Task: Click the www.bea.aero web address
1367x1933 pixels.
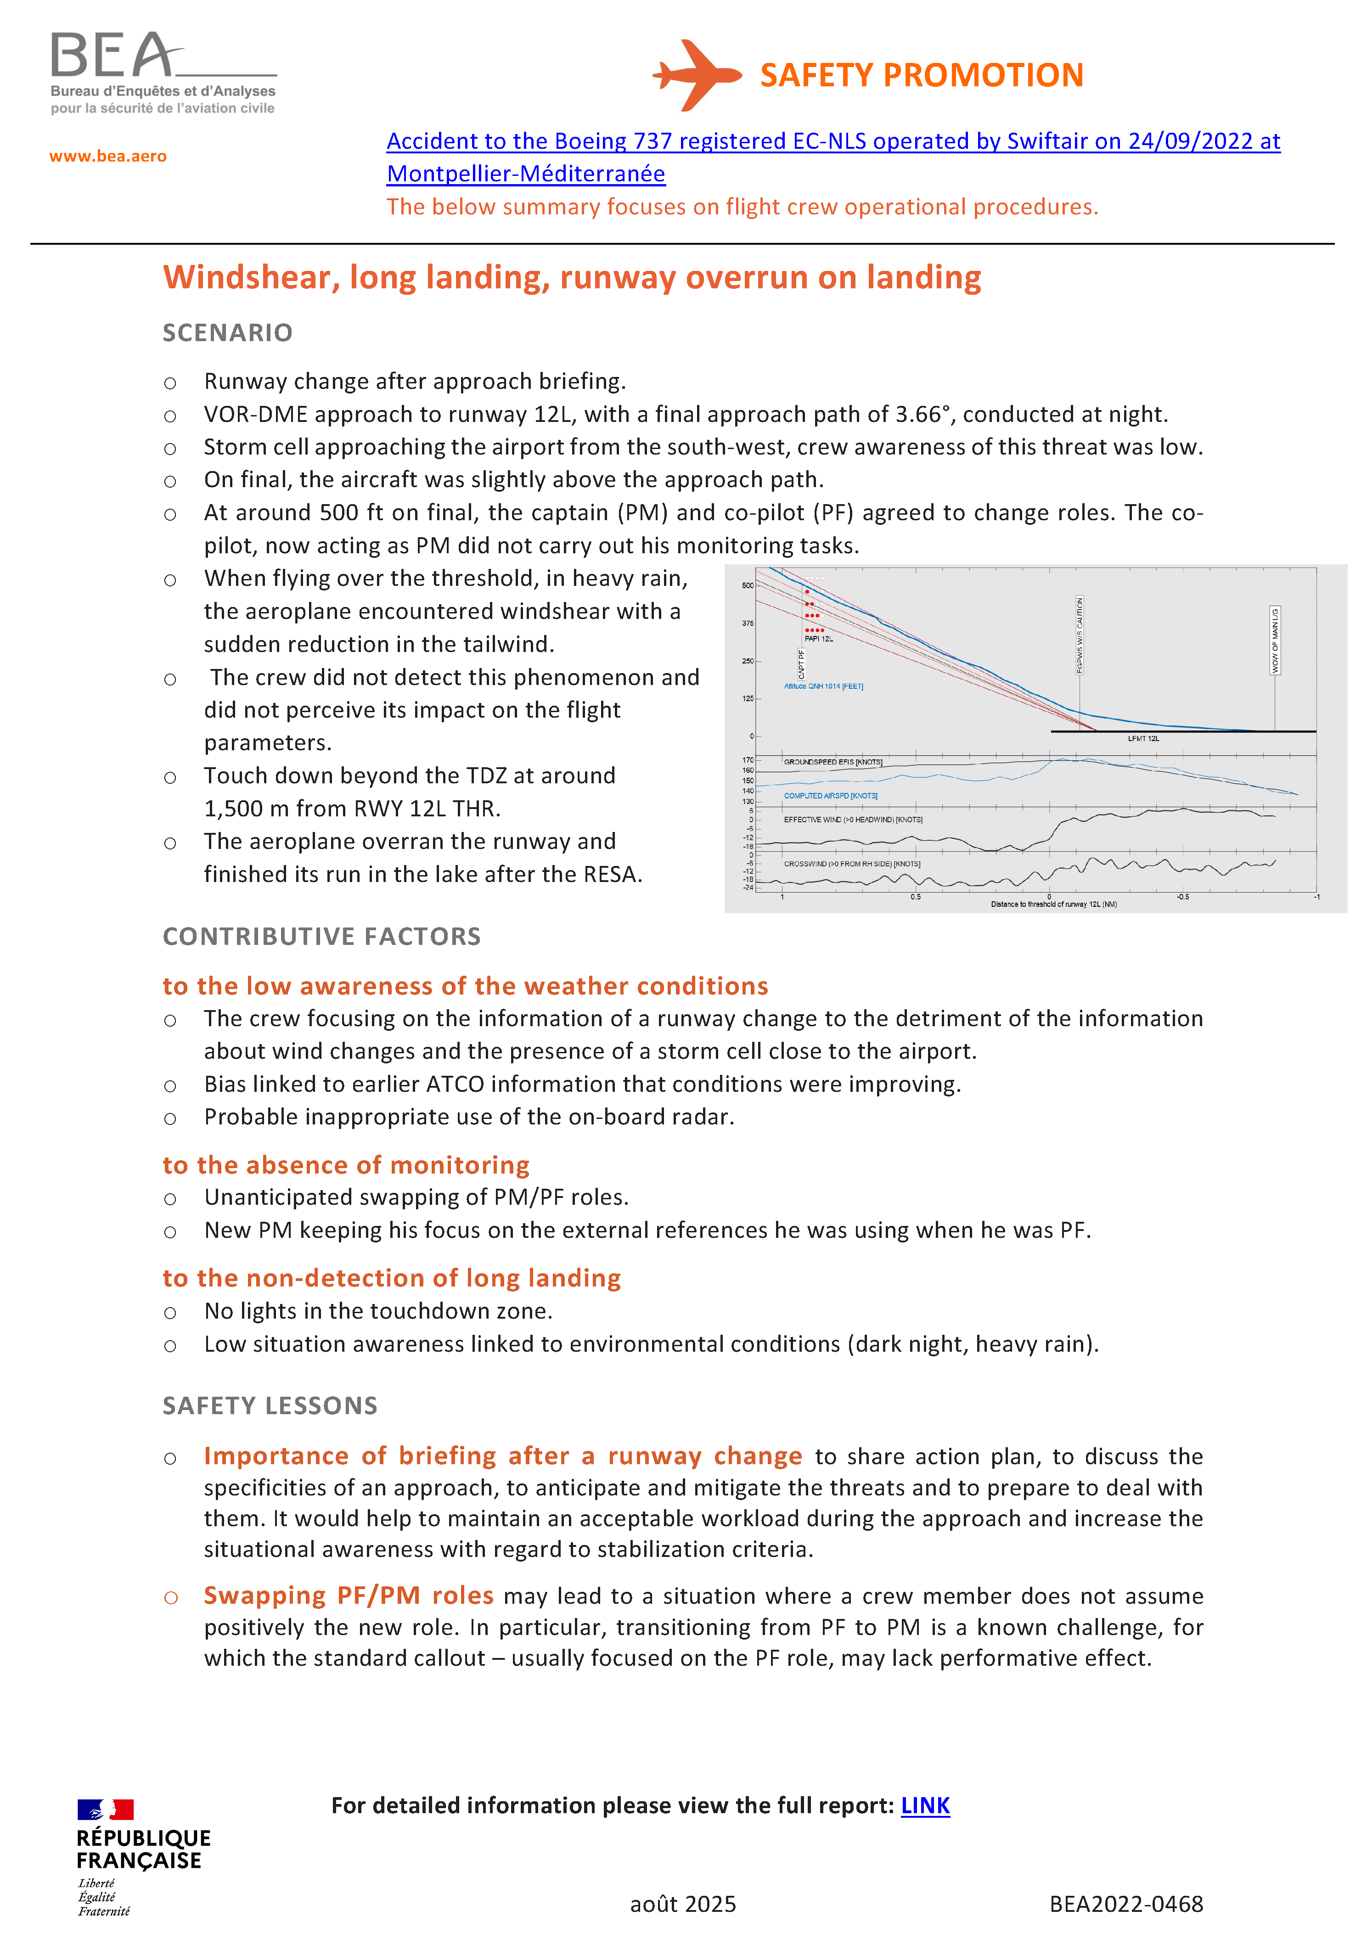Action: coord(108,156)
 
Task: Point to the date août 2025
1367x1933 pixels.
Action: coord(683,1904)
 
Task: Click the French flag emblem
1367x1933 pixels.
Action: coord(105,1809)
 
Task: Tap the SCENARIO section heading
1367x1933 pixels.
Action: coord(227,332)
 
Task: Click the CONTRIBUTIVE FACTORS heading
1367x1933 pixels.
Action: coord(321,936)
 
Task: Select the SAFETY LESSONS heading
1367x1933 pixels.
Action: coord(270,1405)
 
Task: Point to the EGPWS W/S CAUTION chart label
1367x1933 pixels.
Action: coord(1080,635)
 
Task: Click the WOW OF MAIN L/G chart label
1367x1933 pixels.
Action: coord(1274,640)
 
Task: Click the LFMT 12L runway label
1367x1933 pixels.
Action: coord(1143,738)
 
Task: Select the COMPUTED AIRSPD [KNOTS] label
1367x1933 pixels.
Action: coord(830,796)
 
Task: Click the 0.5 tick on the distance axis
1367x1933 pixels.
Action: coord(915,897)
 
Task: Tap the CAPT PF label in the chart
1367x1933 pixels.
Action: coord(801,663)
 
